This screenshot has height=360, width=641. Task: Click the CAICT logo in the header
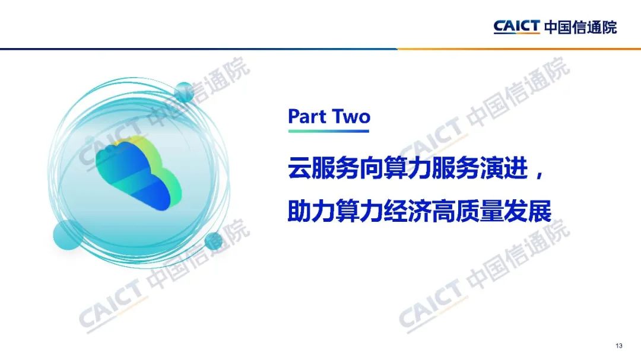click(x=517, y=27)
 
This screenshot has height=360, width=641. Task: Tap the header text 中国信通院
click(x=580, y=27)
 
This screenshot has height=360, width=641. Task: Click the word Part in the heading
click(x=307, y=116)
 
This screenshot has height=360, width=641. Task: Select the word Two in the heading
click(x=351, y=116)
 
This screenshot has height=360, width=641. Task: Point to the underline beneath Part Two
click(x=329, y=131)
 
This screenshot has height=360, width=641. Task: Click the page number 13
click(x=618, y=346)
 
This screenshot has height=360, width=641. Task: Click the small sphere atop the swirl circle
click(x=185, y=93)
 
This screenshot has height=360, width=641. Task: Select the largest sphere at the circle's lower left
click(x=68, y=234)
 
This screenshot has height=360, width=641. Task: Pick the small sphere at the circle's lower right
click(x=214, y=241)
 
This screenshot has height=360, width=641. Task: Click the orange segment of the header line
click(x=519, y=49)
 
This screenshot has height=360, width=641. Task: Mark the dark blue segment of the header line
click(x=199, y=49)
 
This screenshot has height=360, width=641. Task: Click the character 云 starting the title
click(x=300, y=168)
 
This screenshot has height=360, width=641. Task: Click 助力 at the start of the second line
click(x=312, y=211)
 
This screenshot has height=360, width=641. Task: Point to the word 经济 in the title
click(x=408, y=211)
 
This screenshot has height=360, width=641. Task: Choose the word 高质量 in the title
click(x=468, y=211)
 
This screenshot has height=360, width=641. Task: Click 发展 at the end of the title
click(x=528, y=211)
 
